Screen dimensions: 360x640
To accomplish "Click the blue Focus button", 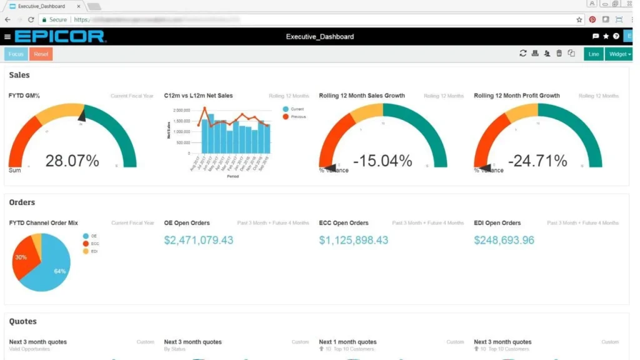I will tap(16, 54).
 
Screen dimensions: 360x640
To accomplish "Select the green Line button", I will tap(594, 54).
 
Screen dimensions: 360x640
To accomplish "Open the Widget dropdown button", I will tap(619, 54).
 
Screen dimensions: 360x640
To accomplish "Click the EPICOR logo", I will tap(60, 36).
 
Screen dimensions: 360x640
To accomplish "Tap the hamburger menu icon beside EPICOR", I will tap(7, 37).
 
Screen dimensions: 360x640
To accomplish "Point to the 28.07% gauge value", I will tap(72, 161).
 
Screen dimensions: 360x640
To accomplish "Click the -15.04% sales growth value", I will tap(382, 161).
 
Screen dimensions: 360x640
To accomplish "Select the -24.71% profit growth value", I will tap(537, 161).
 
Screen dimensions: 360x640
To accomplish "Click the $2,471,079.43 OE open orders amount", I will tap(199, 240).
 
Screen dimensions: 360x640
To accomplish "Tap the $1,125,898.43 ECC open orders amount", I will tap(354, 240).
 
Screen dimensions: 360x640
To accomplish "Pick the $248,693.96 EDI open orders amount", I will tap(504, 240).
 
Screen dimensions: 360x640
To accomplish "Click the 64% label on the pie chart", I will tap(60, 271).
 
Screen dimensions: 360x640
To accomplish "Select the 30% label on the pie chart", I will tap(21, 257).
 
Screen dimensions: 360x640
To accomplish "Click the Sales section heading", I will tap(19, 75).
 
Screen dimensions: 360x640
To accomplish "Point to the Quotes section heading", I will tap(23, 321).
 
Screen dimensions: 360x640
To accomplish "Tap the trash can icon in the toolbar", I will tap(559, 54).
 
